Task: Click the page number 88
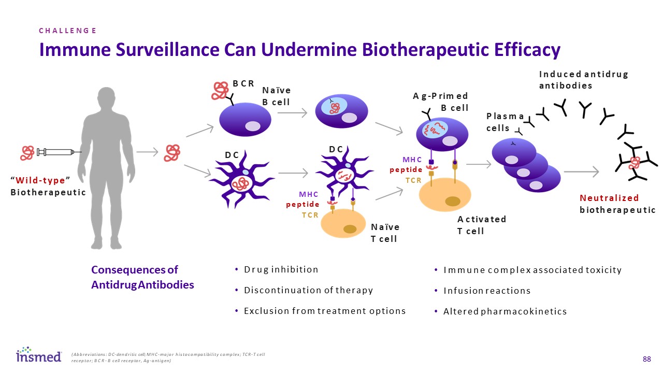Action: pos(646,359)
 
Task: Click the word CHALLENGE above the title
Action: pos(68,31)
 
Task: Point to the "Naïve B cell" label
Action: pos(276,96)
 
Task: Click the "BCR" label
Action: pos(243,83)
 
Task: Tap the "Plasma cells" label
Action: pos(505,122)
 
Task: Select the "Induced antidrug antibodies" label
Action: pos(583,80)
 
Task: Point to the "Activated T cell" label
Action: pos(481,225)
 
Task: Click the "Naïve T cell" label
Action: pos(385,233)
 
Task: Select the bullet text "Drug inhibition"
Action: pos(281,269)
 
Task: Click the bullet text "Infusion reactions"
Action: pos(487,291)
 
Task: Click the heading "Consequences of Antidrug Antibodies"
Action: pos(142,277)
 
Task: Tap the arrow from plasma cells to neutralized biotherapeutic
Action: pos(581,171)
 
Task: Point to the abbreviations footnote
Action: pos(168,357)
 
